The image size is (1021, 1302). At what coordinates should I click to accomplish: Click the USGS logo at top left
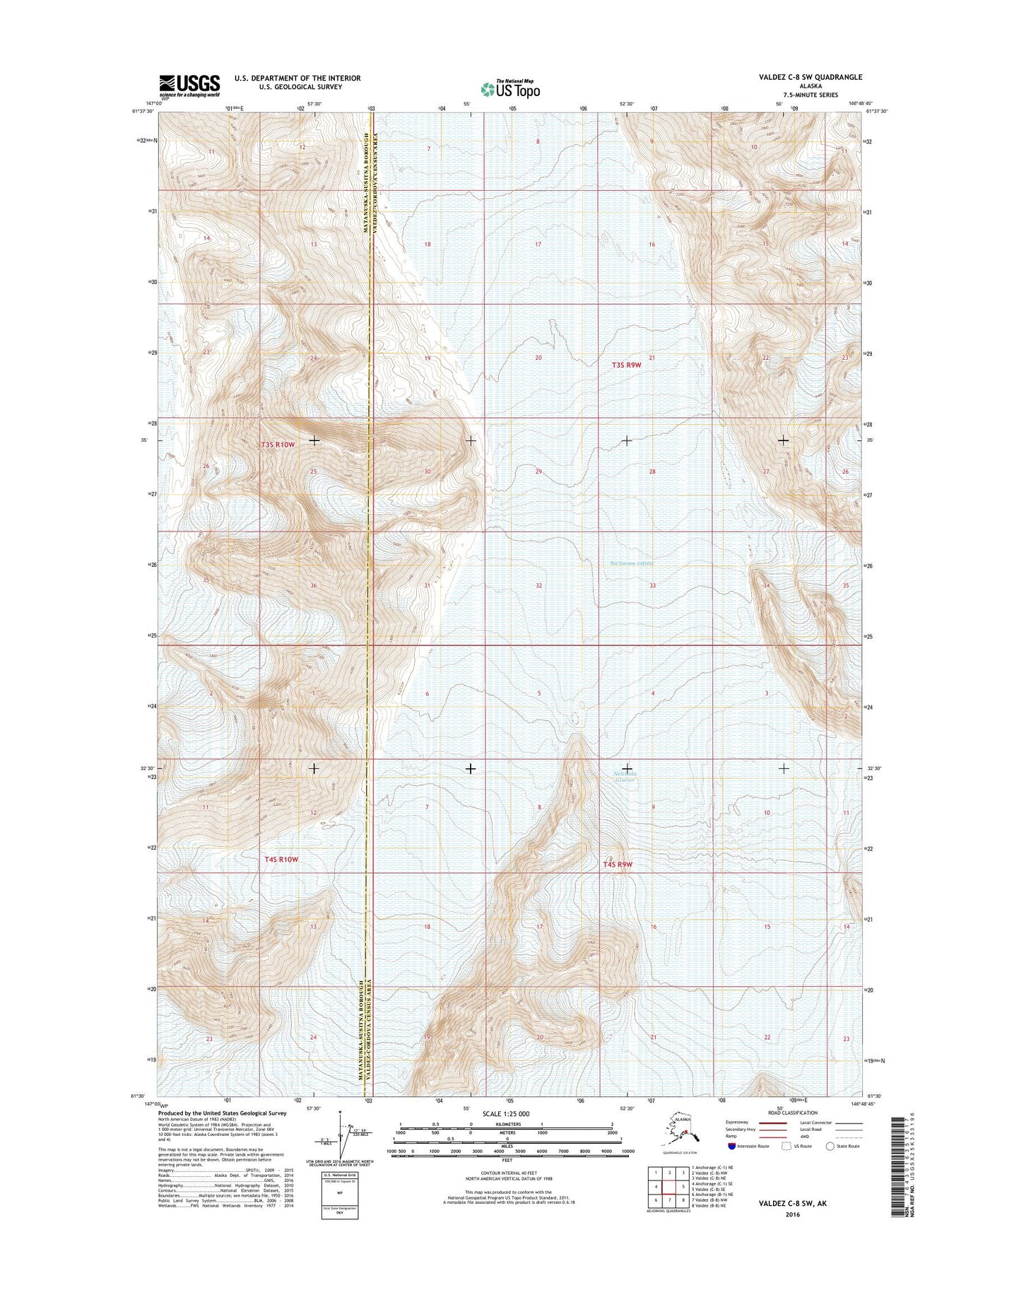[189, 86]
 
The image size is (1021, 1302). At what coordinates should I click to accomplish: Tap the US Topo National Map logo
[510, 88]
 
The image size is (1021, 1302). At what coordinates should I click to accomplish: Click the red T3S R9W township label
[626, 365]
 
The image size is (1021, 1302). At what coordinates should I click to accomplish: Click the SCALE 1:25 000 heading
[507, 1113]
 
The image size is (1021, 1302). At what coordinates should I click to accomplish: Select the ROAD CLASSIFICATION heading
[793, 1113]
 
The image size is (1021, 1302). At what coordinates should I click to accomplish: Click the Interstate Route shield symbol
[732, 1146]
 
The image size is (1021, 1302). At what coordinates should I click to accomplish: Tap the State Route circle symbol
[830, 1146]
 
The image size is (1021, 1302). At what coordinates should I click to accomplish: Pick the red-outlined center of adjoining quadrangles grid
[669, 1187]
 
